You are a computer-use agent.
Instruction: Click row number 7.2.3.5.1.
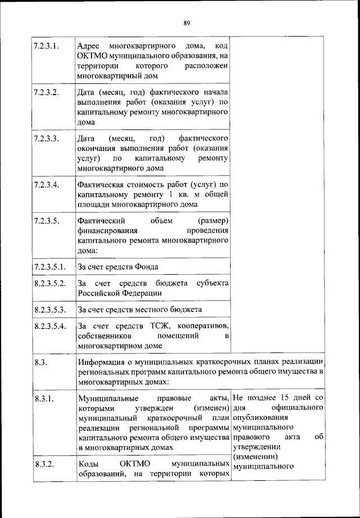pos(50,266)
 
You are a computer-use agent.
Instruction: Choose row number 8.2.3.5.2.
pos(50,283)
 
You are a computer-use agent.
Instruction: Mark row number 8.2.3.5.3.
pos(50,310)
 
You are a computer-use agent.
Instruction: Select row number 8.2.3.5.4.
pos(50,327)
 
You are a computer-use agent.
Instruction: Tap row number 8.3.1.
pos(43,399)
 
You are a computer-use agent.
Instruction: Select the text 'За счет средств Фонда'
pos(118,266)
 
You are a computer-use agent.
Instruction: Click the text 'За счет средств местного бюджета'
pos(139,310)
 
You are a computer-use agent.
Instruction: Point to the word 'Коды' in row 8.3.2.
pos(88,464)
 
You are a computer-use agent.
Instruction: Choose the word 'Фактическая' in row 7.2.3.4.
pos(102,185)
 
